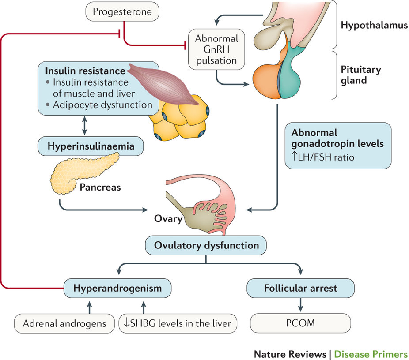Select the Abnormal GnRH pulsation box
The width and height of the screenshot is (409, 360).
216,49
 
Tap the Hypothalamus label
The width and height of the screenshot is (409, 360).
374,26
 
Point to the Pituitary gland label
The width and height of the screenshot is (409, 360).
360,75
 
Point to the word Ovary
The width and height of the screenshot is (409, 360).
168,218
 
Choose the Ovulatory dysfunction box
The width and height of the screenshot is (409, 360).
206,245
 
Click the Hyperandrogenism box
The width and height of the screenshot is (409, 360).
117,289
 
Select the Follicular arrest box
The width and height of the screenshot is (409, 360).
300,289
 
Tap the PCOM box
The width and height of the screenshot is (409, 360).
300,323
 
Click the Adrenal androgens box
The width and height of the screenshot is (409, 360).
64,323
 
